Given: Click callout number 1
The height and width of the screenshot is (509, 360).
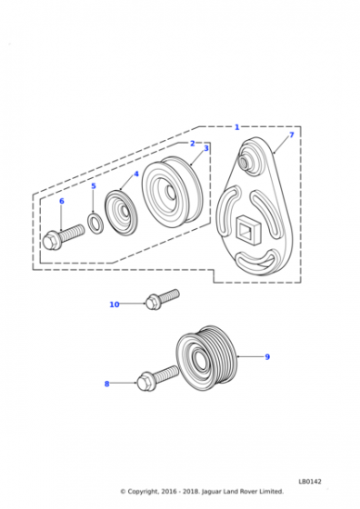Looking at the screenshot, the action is [x=237, y=127].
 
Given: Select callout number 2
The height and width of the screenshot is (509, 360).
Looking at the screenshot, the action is [x=193, y=144].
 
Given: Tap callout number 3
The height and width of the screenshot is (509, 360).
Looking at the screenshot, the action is [x=206, y=148].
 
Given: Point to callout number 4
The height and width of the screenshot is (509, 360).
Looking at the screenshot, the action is [x=136, y=174].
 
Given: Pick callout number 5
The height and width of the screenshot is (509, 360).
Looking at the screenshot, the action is [x=94, y=186].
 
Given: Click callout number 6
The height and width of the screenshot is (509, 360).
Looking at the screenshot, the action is [x=62, y=201].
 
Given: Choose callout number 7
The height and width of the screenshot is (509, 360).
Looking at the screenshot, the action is [x=292, y=135].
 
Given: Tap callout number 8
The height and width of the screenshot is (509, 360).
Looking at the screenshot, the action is [x=106, y=384].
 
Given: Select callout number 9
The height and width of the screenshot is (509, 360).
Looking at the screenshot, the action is [x=267, y=356].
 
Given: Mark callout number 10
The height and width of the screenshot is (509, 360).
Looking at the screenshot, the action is [x=115, y=304].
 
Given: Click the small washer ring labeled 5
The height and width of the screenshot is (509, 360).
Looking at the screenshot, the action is [x=95, y=223].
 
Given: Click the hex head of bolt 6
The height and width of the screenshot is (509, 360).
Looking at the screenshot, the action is [x=51, y=241].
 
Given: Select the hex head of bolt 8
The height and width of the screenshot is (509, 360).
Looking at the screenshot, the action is [x=145, y=382].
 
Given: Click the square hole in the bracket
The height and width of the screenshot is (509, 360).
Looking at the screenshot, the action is [x=248, y=230].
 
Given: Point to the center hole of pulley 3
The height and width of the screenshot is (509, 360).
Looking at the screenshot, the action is [x=170, y=192].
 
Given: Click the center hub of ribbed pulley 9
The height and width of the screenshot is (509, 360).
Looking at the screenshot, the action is [x=200, y=359].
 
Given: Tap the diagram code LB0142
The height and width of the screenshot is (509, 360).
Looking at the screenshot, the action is [x=310, y=482].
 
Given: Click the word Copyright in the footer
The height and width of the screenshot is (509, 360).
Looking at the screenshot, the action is [x=143, y=492].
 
